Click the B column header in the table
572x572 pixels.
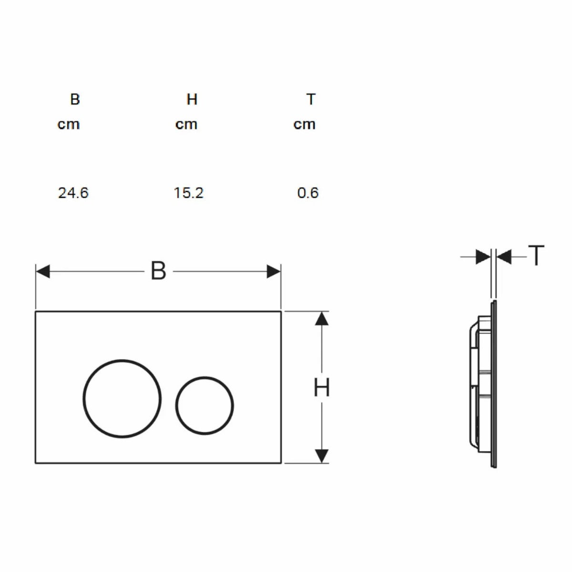pos(75,99)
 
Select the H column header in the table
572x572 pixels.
pos(192,99)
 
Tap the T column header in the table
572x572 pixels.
pos(311,99)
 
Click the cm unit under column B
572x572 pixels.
pos(69,124)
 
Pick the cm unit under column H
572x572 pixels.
pos(186,124)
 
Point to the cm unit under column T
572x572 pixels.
pos(305,124)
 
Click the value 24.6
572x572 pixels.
pos(73,193)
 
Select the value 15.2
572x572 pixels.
pos(189,193)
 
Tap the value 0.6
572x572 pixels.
pos(308,193)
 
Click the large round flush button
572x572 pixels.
pos(84,398)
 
